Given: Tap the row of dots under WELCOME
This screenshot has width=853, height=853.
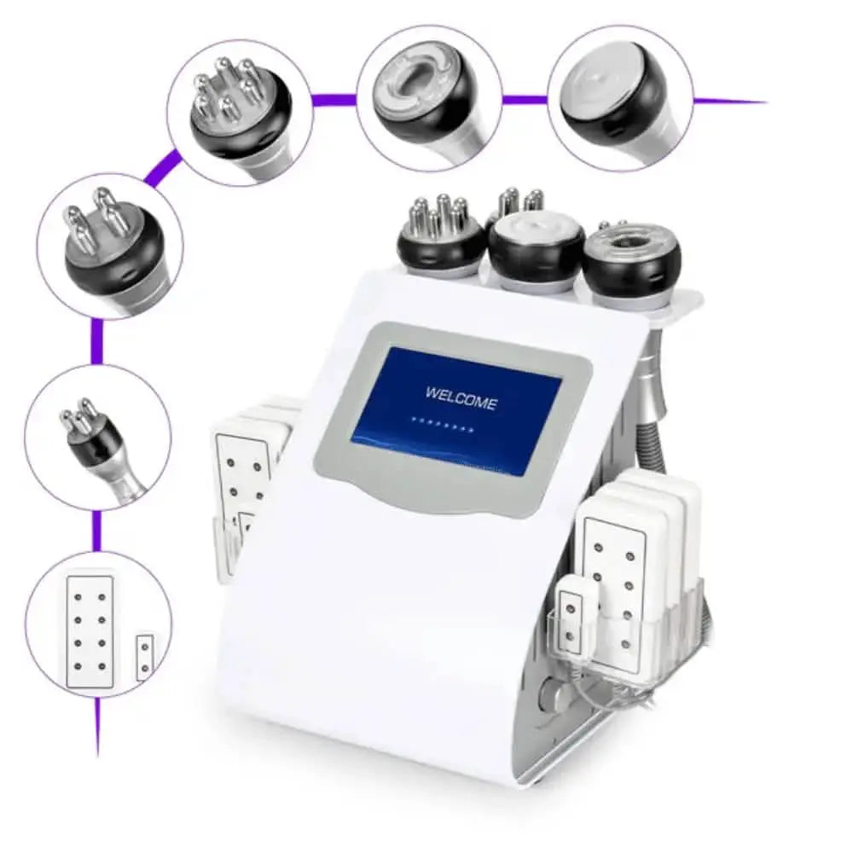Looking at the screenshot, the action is [443, 426].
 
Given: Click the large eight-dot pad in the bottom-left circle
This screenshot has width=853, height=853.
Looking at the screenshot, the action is [90, 631].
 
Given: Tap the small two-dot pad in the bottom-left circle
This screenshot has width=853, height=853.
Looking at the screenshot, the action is [145, 657].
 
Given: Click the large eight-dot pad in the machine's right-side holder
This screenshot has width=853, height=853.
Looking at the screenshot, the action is [615, 585].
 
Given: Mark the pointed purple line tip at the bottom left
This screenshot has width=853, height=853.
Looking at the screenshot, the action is [98, 755].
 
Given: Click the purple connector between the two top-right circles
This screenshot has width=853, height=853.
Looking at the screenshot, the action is [525, 100].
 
